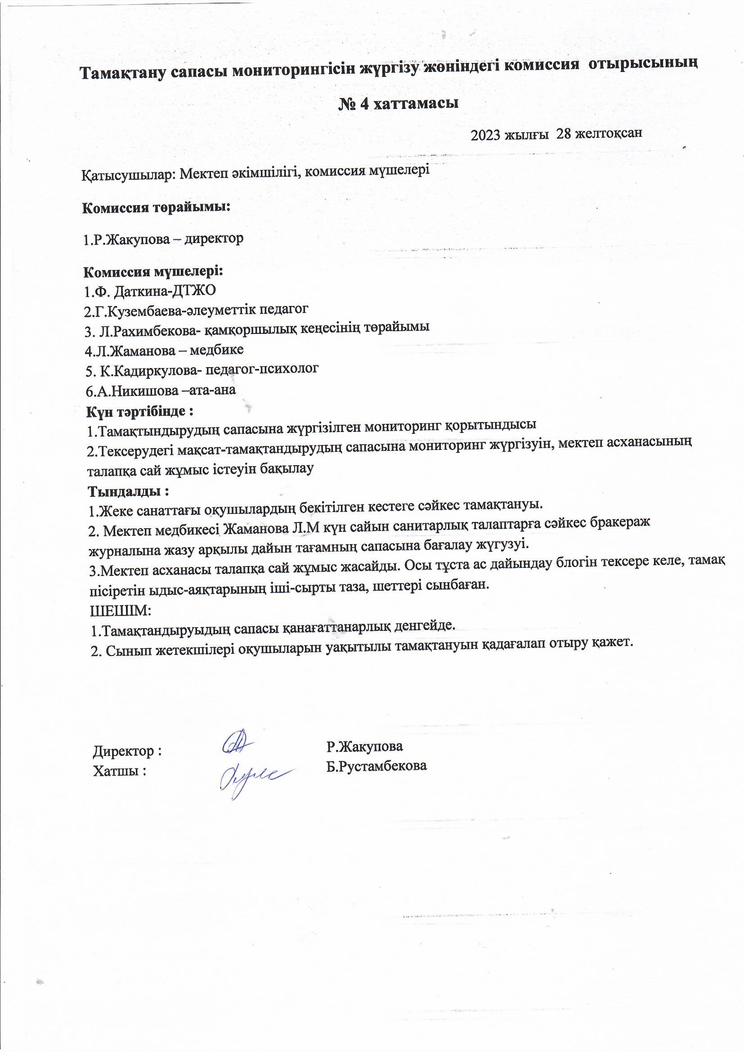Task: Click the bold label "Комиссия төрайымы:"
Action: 156,207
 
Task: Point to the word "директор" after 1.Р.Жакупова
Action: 213,239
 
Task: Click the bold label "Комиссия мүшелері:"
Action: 153,272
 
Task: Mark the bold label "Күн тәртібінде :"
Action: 140,411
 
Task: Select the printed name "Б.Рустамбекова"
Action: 376,766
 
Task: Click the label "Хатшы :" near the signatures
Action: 120,771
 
